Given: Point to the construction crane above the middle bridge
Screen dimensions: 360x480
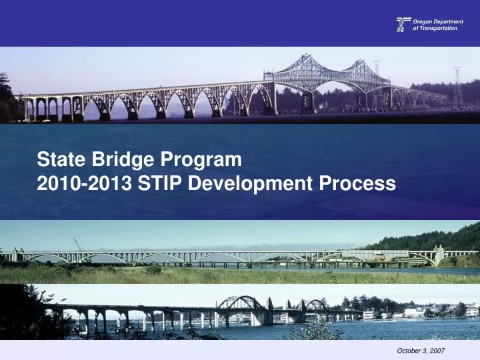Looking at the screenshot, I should (77, 244).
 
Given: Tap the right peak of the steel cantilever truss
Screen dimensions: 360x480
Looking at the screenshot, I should (365, 63).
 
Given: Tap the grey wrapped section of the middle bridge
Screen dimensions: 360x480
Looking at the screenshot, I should (385, 254).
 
